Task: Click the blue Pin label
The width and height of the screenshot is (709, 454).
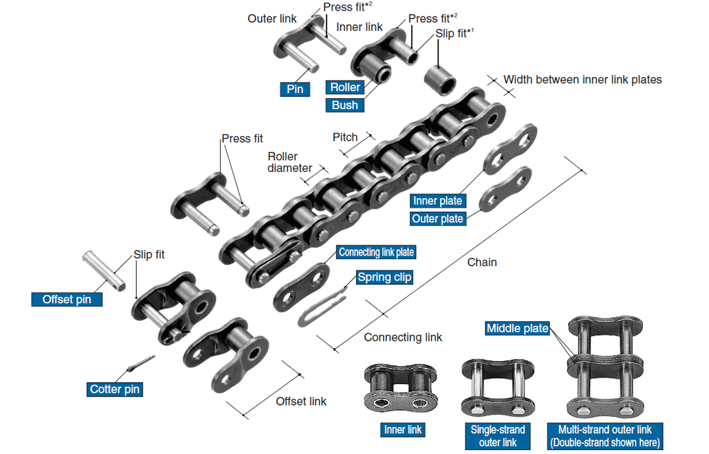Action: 295,89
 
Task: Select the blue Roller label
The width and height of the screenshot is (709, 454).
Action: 345,88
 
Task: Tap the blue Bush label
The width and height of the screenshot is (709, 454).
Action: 345,105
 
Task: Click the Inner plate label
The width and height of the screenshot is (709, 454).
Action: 437,201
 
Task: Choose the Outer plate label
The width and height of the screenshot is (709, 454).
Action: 437,218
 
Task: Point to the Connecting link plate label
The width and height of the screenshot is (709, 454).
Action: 376,252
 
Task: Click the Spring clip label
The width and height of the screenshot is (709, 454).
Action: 384,277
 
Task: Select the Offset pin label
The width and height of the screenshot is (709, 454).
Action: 67,300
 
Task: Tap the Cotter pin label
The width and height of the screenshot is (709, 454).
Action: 115,389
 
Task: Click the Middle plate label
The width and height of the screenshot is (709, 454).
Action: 517,328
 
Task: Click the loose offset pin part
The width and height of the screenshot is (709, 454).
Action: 103,269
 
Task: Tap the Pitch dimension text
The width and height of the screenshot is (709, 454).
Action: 345,137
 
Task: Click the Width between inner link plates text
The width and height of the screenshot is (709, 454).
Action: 582,80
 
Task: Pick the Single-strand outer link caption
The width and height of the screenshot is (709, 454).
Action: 498,436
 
